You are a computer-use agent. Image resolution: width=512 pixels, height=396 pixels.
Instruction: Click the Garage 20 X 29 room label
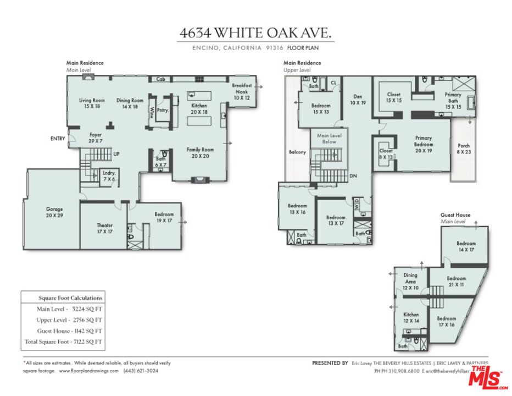click(x=54, y=212)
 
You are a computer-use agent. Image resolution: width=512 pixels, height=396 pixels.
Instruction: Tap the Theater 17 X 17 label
click(x=105, y=228)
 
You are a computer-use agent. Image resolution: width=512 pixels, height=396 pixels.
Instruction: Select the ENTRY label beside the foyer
click(x=57, y=139)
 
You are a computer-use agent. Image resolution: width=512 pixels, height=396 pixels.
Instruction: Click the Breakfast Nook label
click(x=241, y=91)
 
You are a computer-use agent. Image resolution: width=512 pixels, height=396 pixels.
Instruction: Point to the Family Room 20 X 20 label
click(x=201, y=153)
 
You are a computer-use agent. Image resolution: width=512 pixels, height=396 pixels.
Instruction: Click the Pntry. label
click(x=163, y=110)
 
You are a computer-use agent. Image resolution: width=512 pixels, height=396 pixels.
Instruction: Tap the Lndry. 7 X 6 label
click(x=109, y=176)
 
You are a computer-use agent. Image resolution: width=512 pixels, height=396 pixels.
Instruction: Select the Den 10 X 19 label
click(x=358, y=100)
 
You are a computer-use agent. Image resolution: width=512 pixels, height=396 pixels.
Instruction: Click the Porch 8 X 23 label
click(x=464, y=149)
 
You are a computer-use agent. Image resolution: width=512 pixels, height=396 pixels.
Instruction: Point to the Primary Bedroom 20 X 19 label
click(x=423, y=142)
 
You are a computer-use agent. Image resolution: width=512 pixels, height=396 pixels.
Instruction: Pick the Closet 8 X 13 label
click(x=386, y=153)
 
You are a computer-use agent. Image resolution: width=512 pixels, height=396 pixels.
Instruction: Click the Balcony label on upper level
click(x=297, y=152)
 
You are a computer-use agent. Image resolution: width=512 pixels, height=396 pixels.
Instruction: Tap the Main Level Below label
click(x=330, y=139)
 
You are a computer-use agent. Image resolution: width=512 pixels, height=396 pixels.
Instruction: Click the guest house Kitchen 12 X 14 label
click(x=411, y=318)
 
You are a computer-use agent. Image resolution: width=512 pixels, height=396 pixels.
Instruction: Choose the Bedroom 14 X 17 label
click(x=466, y=246)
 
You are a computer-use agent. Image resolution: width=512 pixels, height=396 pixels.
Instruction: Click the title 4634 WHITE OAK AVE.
click(x=256, y=34)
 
